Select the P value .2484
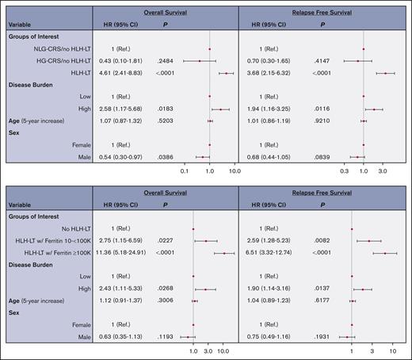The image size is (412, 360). pyautogui.click(x=165, y=60)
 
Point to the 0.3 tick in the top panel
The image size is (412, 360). pyautogui.click(x=344, y=169)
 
